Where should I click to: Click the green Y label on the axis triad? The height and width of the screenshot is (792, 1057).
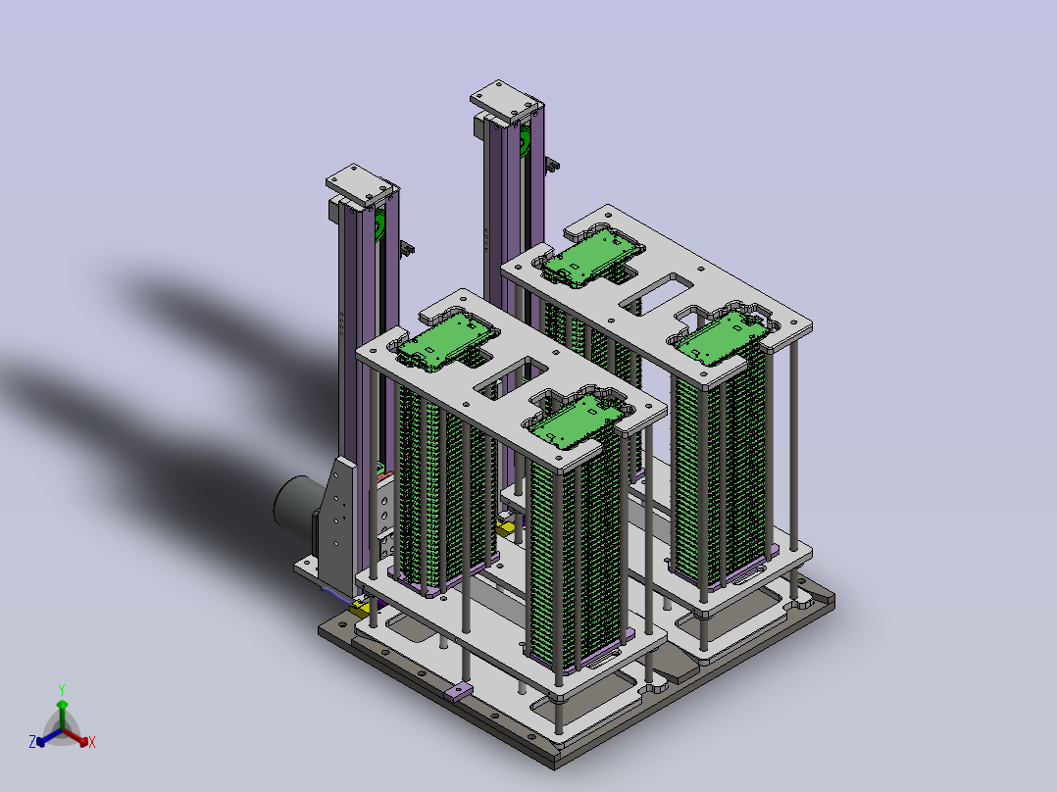pyautogui.click(x=62, y=689)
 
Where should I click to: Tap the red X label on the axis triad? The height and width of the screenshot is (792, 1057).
pyautogui.click(x=92, y=742)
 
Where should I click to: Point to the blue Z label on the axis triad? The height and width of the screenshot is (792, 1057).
pyautogui.click(x=31, y=741)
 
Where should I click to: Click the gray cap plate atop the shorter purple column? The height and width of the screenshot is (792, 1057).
pyautogui.click(x=359, y=184)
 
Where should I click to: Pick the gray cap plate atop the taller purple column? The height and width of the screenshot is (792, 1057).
pyautogui.click(x=506, y=101)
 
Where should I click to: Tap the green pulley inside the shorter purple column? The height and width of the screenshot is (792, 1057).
pyautogui.click(x=380, y=223)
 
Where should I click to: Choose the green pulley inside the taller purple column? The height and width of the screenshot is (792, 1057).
pyautogui.click(x=525, y=142)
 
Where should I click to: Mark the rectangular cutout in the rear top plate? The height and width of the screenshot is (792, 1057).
pyautogui.click(x=657, y=294)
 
